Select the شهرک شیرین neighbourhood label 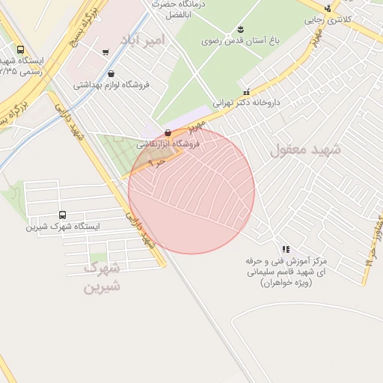(x=102, y=277)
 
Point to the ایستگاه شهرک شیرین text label (x=64, y=225)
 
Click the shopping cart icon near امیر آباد (x=105, y=52)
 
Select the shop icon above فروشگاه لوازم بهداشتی (x=111, y=73)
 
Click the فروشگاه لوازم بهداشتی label (x=112, y=85)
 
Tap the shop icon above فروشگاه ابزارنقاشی (x=167, y=132)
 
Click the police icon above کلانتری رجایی (x=327, y=8)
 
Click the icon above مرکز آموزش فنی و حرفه (x=285, y=249)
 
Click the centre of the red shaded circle (x=191, y=191)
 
